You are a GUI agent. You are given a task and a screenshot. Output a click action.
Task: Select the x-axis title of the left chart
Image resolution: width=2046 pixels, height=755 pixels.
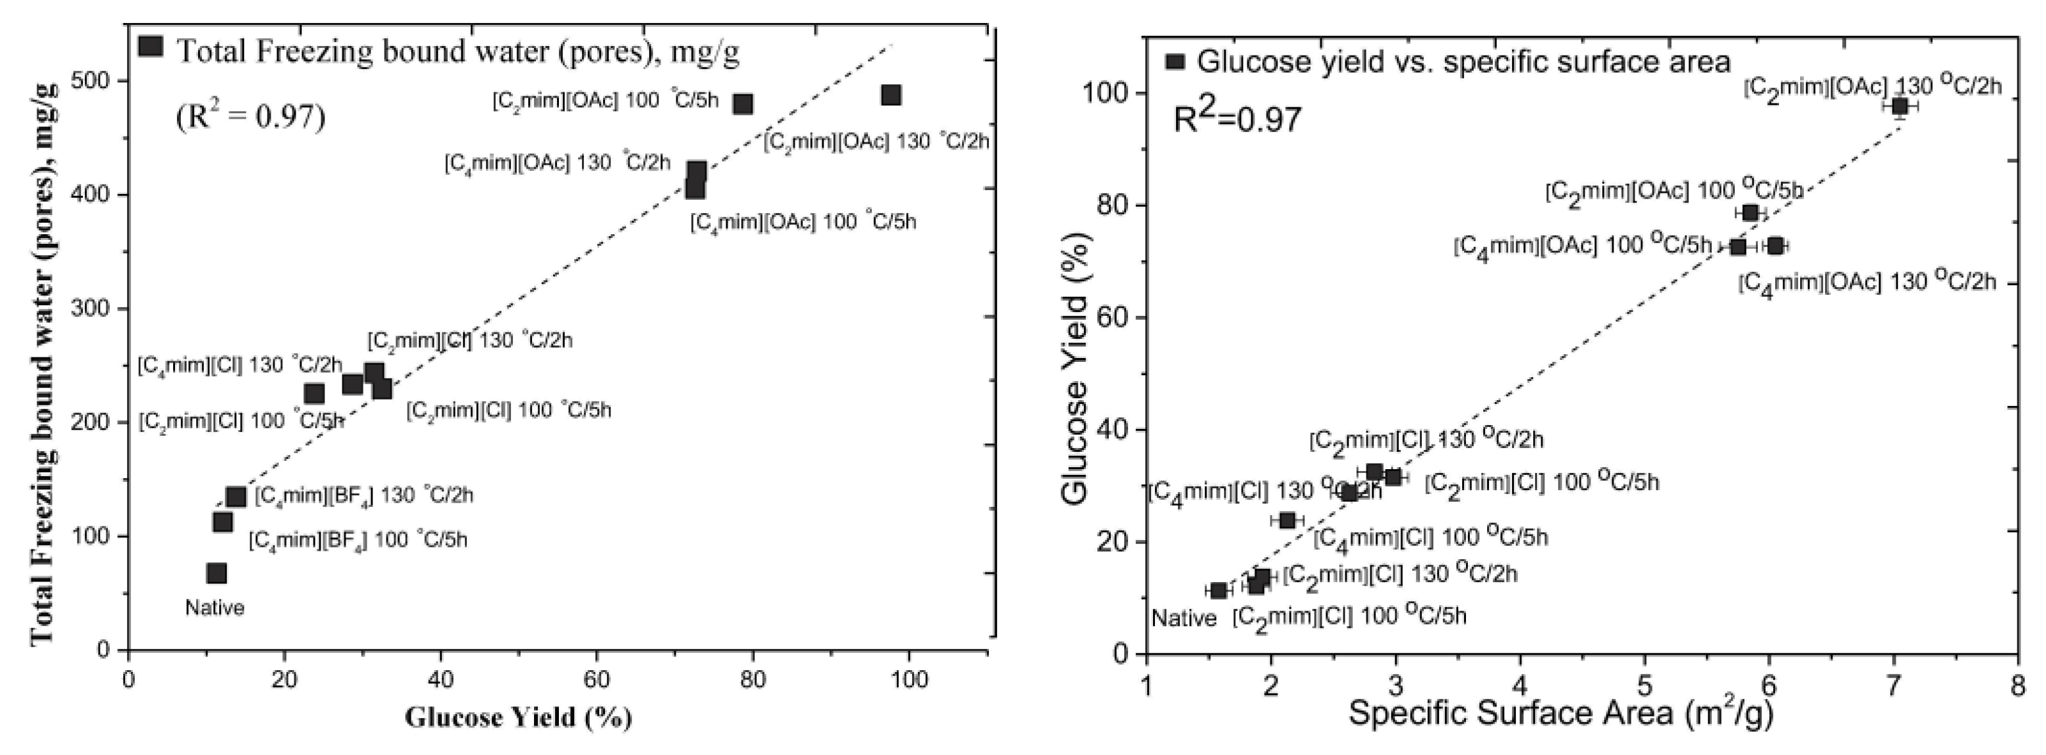519,718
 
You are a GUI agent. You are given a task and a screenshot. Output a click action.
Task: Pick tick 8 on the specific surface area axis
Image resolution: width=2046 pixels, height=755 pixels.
2017,684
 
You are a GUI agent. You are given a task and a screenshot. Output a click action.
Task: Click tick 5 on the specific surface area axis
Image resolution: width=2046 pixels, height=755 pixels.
1644,684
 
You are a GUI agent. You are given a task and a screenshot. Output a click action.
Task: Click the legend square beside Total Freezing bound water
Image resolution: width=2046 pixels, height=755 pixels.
150,46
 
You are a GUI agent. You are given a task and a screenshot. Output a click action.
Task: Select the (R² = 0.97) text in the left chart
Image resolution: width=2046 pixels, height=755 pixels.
251,117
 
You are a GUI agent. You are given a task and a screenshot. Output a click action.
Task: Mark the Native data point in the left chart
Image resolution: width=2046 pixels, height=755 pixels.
216,573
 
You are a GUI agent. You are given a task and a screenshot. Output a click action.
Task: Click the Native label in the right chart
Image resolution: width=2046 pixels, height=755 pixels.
1184,618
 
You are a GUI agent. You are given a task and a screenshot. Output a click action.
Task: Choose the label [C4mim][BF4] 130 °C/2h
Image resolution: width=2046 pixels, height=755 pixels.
363,496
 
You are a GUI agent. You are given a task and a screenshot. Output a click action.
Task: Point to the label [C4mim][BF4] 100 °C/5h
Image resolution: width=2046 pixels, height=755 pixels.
358,541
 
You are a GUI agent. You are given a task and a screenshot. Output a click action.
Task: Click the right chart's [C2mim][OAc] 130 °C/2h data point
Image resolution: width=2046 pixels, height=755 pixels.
1899,107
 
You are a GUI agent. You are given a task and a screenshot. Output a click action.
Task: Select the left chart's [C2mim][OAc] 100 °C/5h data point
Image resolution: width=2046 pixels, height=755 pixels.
744,104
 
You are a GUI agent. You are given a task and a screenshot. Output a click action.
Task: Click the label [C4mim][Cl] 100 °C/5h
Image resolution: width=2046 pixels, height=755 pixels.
1430,537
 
